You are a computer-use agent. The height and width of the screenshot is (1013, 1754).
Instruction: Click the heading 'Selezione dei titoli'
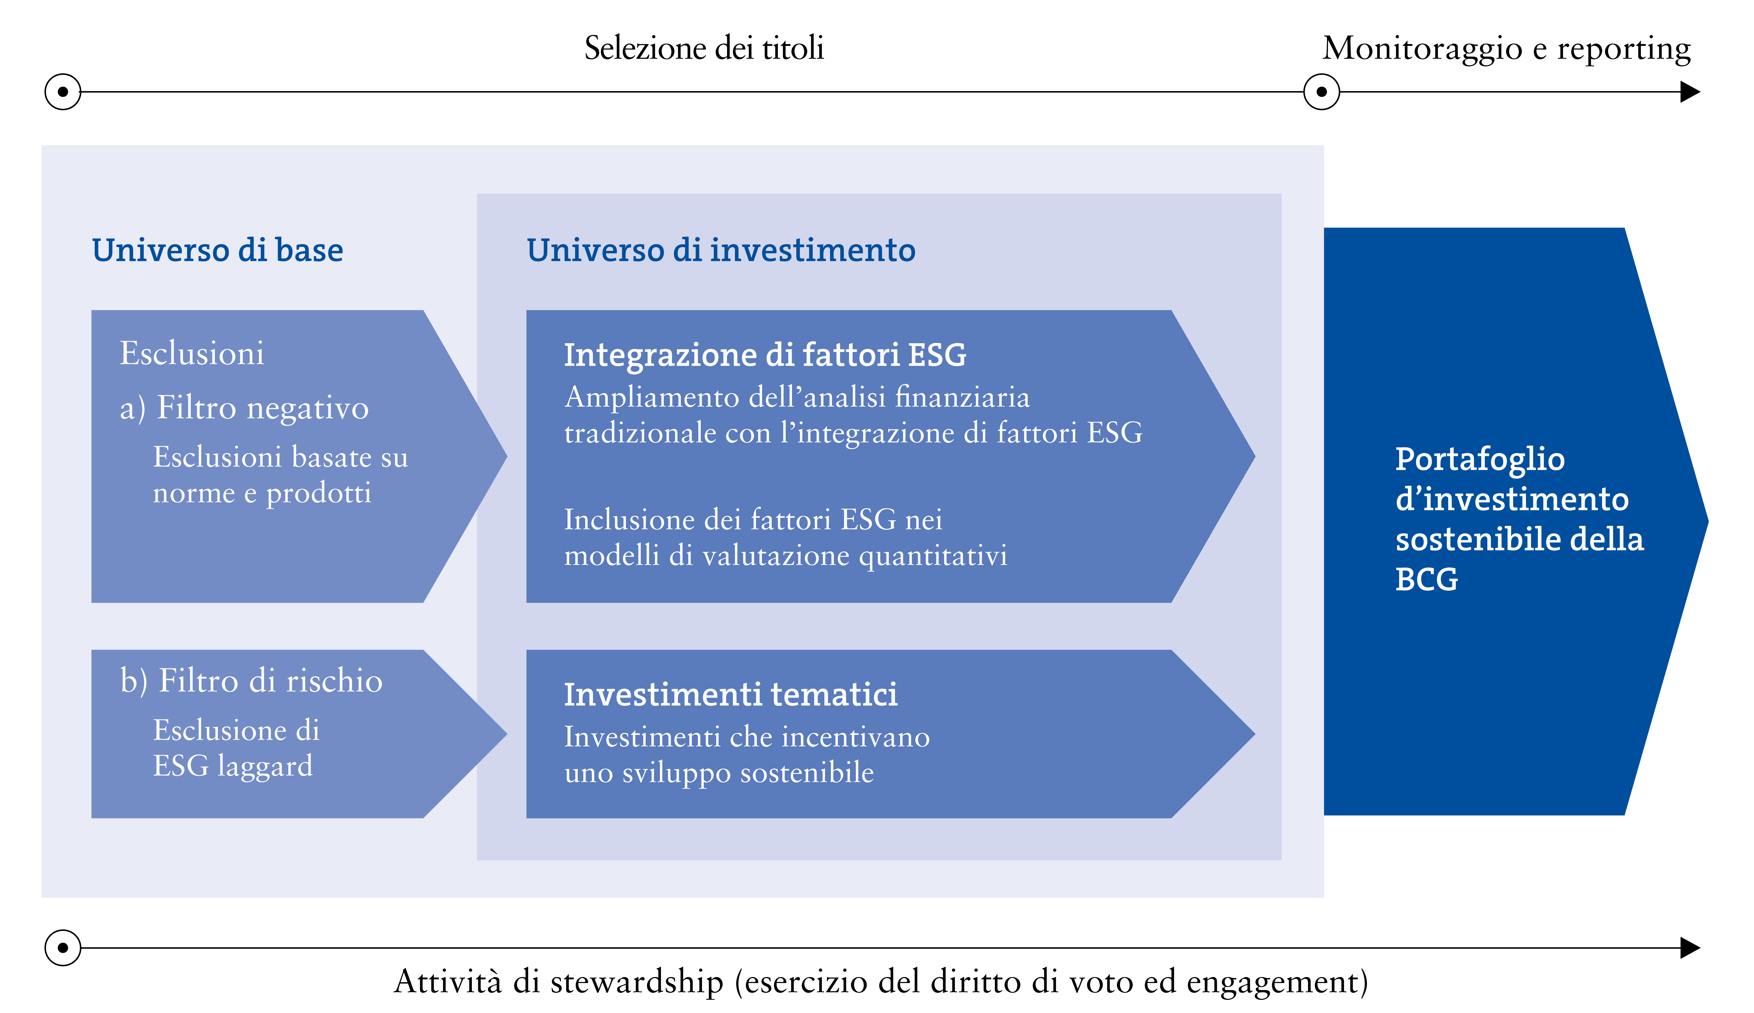(x=704, y=48)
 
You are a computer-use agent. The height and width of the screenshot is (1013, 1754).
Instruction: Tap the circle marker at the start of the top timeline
(x=63, y=92)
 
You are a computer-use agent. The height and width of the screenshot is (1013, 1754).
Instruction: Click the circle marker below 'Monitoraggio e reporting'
(x=1322, y=92)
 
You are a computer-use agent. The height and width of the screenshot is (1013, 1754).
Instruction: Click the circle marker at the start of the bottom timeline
(x=63, y=948)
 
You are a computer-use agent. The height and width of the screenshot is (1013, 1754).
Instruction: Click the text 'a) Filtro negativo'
(x=244, y=408)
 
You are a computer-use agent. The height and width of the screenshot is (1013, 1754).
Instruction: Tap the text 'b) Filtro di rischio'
(x=251, y=680)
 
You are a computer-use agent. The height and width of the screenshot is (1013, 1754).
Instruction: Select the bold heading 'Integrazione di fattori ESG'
(x=765, y=355)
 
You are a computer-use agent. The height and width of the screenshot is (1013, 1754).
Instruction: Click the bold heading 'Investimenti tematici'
(x=731, y=694)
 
